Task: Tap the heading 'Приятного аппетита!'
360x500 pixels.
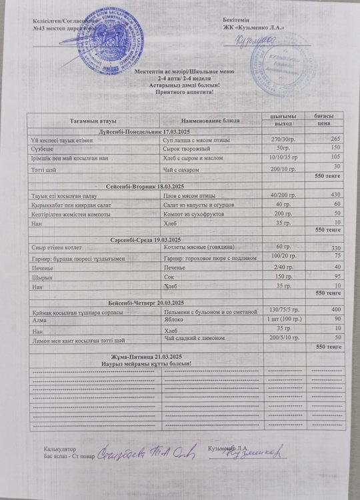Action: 179,93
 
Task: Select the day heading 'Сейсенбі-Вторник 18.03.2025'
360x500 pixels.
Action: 145,185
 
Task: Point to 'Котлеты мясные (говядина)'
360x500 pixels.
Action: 203,249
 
